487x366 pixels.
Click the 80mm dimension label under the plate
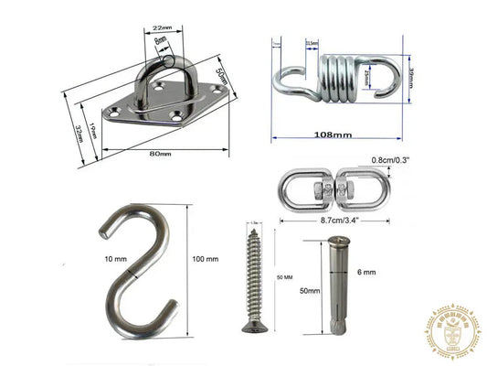click(159, 153)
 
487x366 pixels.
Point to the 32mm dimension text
click(79, 133)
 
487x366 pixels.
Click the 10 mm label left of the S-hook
click(116, 260)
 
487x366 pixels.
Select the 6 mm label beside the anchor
click(365, 271)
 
